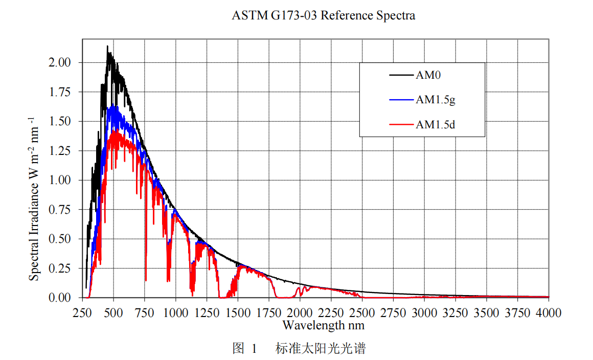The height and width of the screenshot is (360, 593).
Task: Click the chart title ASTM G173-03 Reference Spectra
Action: coord(323,15)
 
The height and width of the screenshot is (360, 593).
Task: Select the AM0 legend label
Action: coord(428,75)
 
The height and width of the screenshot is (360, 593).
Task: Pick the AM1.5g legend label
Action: coord(435,100)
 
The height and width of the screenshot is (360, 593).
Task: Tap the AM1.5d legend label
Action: coord(435,124)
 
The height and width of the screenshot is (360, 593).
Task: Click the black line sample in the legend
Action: coord(402,75)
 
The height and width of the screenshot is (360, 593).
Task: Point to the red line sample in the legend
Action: coord(402,124)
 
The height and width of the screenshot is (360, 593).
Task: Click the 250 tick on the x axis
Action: coord(83,312)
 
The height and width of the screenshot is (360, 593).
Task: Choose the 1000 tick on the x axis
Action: coord(176,312)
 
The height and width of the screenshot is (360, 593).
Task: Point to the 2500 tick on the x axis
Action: coord(362,312)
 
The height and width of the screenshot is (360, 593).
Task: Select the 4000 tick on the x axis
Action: coord(549,312)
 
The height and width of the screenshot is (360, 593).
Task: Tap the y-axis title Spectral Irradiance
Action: coord(34,198)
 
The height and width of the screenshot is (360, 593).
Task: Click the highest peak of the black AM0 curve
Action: coord(107,47)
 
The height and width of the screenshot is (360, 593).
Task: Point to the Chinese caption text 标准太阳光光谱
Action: coord(321,349)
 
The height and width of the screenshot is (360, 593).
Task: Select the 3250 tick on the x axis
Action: coord(455,312)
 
